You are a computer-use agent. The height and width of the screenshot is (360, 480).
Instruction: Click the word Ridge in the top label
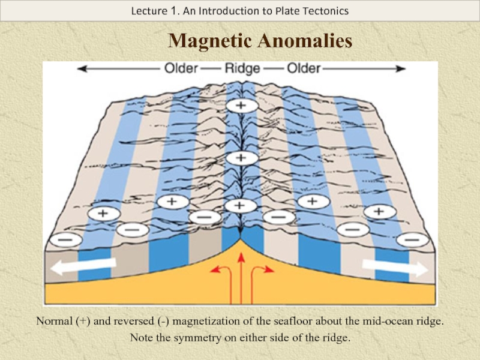[x=242, y=69]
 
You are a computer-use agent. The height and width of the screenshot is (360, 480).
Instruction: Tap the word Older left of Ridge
[x=181, y=69]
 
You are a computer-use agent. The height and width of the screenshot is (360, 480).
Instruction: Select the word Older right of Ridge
[x=304, y=69]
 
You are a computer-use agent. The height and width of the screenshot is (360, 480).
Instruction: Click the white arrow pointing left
[x=82, y=266]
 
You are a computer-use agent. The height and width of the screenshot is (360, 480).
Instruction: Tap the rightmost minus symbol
[x=412, y=239]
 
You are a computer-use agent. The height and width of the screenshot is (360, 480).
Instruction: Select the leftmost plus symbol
[x=103, y=212]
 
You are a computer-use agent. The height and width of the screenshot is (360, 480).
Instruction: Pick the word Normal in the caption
[x=54, y=322]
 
